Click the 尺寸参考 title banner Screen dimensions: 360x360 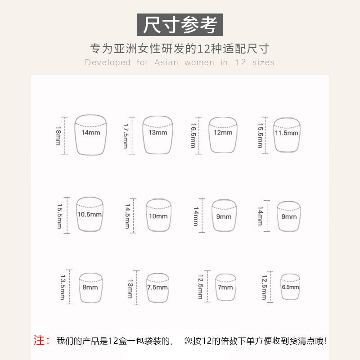[x=180, y=25]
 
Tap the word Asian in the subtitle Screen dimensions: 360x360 [x=166, y=63]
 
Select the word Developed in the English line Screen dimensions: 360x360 [x=108, y=63]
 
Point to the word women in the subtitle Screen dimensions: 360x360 [x=199, y=63]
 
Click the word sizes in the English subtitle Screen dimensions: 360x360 [x=263, y=63]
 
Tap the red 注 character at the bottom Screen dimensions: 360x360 [x=39, y=340]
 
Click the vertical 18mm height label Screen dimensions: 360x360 [x=58, y=136]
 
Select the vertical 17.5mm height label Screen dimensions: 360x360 [x=126, y=136]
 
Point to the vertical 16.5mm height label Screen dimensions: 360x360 [x=193, y=135]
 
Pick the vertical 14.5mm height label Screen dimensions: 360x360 [x=127, y=216]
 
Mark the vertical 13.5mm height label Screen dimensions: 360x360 [x=63, y=287]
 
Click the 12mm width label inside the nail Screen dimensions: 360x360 [x=223, y=132]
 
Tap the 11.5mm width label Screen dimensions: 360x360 [x=287, y=133]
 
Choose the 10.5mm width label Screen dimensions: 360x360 [x=90, y=215]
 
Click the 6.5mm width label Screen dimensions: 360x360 [x=290, y=287]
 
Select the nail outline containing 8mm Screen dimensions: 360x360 [x=80, y=287]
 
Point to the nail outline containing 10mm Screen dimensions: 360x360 [x=147, y=215]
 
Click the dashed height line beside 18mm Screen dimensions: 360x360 [x=64, y=136]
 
